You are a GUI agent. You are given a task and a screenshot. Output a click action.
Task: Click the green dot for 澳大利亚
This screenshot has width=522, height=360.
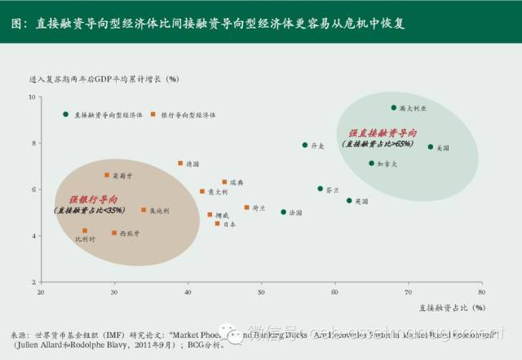point(393,107)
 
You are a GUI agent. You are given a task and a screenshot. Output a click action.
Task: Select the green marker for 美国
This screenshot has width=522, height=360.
point(431,147)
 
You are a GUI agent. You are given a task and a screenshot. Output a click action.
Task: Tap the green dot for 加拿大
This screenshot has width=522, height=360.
point(371,163)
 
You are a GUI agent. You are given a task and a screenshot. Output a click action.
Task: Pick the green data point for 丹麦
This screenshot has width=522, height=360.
point(305,145)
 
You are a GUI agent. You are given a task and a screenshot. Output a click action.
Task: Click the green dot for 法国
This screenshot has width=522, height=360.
point(284,212)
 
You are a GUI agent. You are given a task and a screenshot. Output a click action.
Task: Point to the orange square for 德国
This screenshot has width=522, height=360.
point(180,163)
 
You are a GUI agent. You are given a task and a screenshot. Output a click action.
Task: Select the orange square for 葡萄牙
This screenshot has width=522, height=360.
point(106,176)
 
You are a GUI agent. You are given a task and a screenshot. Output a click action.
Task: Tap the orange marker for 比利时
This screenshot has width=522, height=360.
point(85,231)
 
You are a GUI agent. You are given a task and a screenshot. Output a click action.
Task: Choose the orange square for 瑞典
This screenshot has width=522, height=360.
point(225,182)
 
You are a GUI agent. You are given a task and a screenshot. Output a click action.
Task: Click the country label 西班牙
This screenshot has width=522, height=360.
point(130,233)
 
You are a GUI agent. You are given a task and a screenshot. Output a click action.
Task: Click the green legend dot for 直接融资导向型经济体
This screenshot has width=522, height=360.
point(65,114)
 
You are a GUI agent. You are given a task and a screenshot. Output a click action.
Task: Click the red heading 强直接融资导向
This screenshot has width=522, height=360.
point(383,132)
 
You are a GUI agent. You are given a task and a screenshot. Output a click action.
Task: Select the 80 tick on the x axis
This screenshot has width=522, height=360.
point(481,291)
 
